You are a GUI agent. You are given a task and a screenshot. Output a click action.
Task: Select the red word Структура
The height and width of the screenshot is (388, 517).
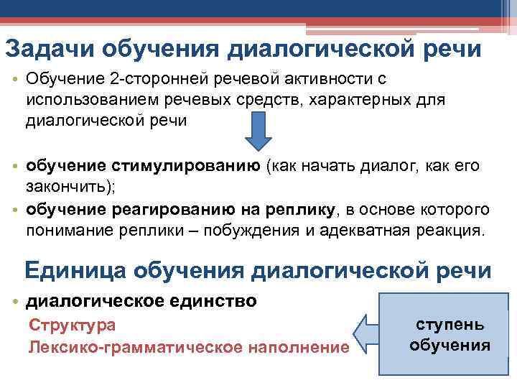pos(72,325)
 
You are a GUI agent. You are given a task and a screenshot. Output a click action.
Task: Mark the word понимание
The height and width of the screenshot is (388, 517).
pos(75,231)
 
